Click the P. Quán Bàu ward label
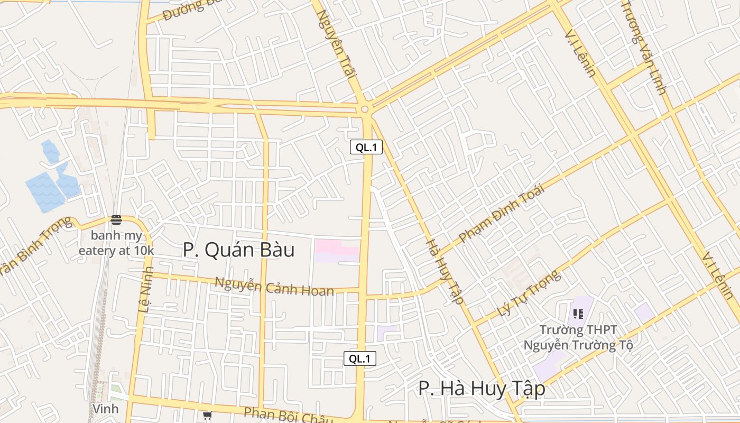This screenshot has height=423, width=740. coord(238,250)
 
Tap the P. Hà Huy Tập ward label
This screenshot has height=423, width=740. coord(482,389)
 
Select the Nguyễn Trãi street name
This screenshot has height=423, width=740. coord(336,44)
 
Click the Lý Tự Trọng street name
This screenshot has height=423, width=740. coord(528,293)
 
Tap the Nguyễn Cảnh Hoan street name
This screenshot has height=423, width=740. coord(274,287)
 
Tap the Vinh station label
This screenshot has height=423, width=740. coord(105,409)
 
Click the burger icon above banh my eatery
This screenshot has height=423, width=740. coord(116,220)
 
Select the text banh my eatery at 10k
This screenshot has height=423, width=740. coord(116,243)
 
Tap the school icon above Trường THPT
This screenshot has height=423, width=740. coord(578,314)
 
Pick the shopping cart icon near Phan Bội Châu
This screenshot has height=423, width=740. coord(207,416)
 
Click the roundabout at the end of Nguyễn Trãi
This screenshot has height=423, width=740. coord(364,109)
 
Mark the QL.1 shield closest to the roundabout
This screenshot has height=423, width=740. coord(366,148)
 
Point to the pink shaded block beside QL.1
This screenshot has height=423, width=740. coord(337,251)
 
